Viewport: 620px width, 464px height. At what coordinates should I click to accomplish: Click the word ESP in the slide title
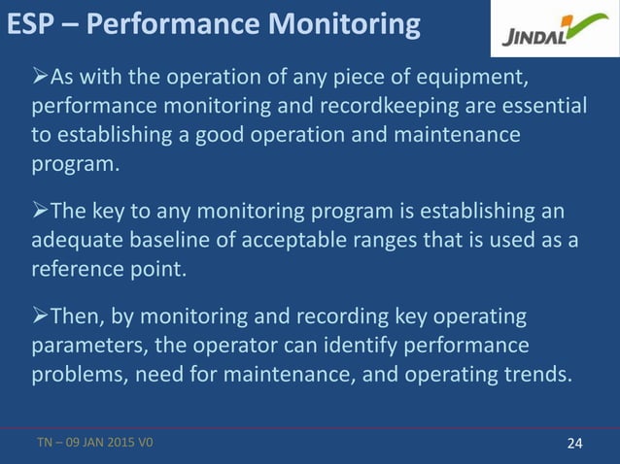point(28,24)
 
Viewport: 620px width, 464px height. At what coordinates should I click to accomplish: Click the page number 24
point(574,444)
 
